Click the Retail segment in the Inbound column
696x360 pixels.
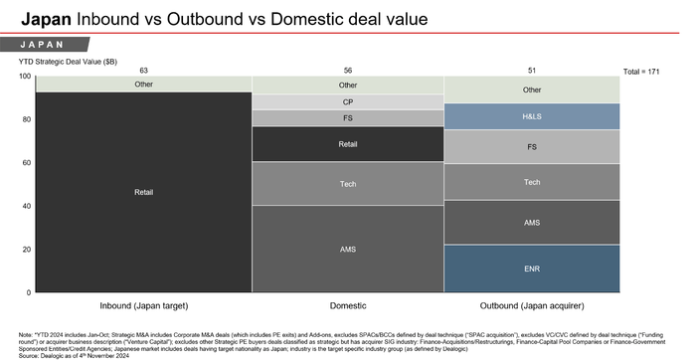143,192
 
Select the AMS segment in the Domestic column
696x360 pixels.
348,249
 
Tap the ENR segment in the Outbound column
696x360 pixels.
532,269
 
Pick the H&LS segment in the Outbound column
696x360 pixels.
532,116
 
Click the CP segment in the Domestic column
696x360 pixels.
348,101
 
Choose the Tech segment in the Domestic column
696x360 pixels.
348,183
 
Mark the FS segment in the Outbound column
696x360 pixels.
532,146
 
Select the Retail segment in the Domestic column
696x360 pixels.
348,143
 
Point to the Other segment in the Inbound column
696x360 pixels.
143,85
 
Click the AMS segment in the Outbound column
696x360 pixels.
532,223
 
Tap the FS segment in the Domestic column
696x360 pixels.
348,117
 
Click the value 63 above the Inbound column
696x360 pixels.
143,70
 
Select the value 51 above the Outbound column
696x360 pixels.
532,70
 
